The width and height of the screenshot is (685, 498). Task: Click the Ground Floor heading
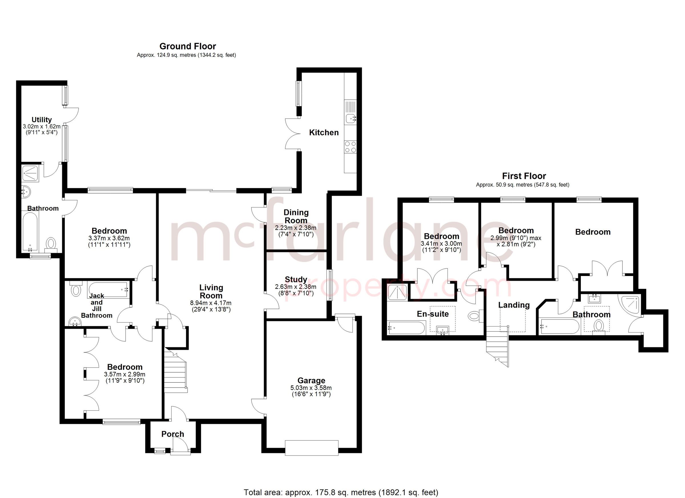pyautogui.click(x=188, y=46)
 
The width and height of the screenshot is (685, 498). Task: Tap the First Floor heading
pyautogui.click(x=524, y=176)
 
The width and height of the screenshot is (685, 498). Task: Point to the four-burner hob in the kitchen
pyautogui.click(x=350, y=147)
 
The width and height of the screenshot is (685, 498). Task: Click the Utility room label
pyautogui.click(x=42, y=120)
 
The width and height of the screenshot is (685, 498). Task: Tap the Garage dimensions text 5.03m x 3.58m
pyautogui.click(x=311, y=388)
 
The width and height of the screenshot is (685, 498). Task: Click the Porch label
pyautogui.click(x=172, y=434)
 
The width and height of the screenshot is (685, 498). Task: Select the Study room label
pyautogui.click(x=296, y=279)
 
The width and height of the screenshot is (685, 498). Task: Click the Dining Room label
pyautogui.click(x=296, y=216)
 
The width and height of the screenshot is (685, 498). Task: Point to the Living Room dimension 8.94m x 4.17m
pyautogui.click(x=211, y=303)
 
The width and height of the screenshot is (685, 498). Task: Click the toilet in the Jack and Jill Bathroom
pyautogui.click(x=75, y=290)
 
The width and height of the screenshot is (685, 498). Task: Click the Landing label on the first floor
pyautogui.click(x=514, y=305)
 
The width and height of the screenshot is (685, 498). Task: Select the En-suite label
pyautogui.click(x=432, y=314)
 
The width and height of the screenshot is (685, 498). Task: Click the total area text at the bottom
pyautogui.click(x=341, y=493)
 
